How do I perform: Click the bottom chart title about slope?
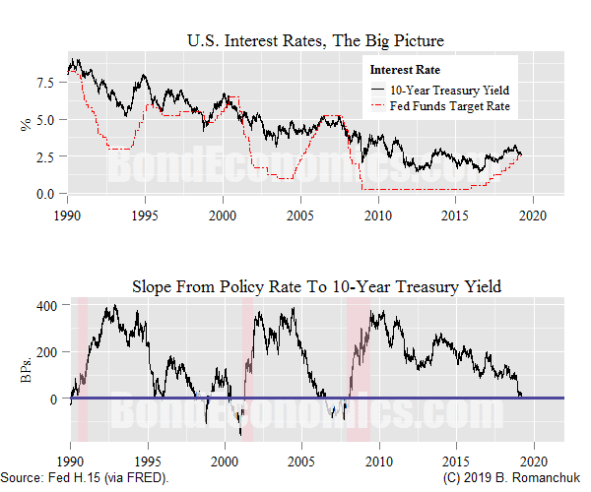click(316, 286)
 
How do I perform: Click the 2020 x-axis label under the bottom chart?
click(533, 461)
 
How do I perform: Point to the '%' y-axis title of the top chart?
click(25, 124)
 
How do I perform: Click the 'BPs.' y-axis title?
click(25, 370)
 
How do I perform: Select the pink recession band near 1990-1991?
click(82, 369)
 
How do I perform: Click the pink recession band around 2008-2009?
click(358, 369)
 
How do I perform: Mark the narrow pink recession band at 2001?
click(247, 369)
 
